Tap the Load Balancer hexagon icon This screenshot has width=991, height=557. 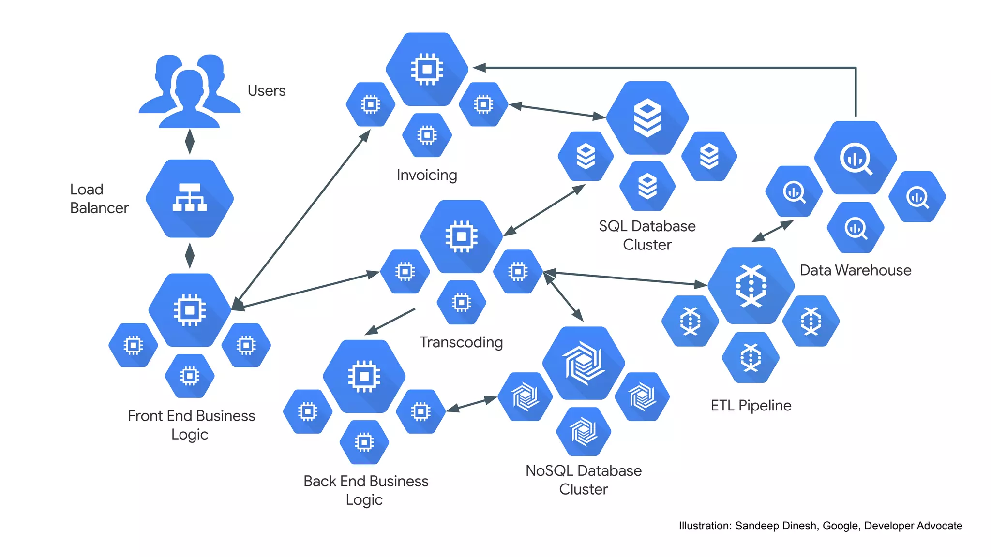[190, 198]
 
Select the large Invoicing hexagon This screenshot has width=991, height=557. [427, 69]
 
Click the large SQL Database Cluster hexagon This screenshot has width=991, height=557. [647, 117]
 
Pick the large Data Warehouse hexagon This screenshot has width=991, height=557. [856, 158]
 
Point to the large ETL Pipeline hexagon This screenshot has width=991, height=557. [751, 285]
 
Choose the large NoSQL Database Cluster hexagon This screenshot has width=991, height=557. [584, 363]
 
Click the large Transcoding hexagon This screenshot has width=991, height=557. [461, 236]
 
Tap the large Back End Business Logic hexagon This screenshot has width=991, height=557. [364, 376]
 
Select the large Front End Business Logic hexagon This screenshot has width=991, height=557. [190, 310]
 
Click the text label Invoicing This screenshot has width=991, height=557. [426, 175]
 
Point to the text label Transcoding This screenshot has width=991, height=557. [461, 342]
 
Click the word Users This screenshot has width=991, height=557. [266, 91]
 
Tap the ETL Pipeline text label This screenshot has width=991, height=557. [751, 405]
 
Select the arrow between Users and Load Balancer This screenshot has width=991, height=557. [190, 141]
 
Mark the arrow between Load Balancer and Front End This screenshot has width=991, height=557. [190, 255]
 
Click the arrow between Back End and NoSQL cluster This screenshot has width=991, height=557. [472, 404]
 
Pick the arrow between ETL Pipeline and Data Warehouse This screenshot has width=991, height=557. [773, 231]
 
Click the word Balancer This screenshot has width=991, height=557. [99, 208]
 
